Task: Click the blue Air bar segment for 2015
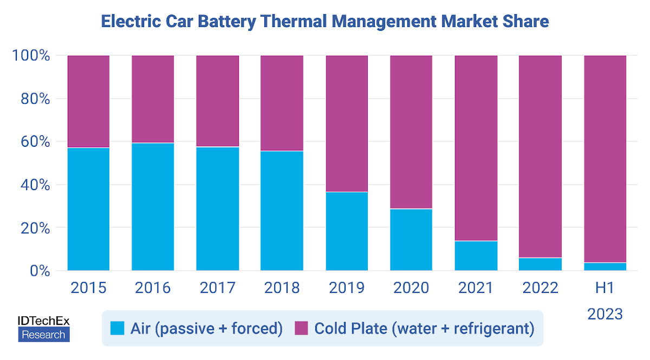tap(88, 209)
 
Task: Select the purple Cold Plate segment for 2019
tap(347, 123)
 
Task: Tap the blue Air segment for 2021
tap(476, 256)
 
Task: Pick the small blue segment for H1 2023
tap(605, 266)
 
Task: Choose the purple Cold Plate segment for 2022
tap(541, 156)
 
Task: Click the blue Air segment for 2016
tap(153, 207)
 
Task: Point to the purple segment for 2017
tap(217, 101)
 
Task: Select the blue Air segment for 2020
tap(411, 239)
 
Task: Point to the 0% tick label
tap(38, 271)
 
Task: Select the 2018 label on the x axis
tap(282, 287)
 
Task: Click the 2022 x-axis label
tap(541, 287)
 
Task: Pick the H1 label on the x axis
tap(605, 287)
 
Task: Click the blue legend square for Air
tap(117, 329)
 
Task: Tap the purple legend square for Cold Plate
tap(301, 329)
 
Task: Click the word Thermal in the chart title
tap(292, 22)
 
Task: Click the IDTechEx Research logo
tap(44, 329)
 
